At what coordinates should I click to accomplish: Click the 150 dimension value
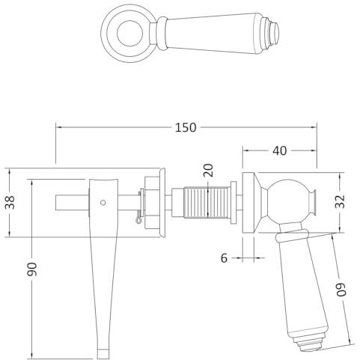[x=186, y=127]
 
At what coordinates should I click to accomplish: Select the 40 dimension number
[x=280, y=150]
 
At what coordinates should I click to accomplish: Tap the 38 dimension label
[x=10, y=202]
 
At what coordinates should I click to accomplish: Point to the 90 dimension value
[x=32, y=269]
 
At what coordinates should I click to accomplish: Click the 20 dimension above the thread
[x=209, y=170]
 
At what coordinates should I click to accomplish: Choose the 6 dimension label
[x=225, y=258]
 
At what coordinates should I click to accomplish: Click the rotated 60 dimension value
[x=341, y=290]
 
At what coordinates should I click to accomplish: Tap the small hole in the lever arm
[x=103, y=202]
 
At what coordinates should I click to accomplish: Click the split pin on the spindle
[x=140, y=207]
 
